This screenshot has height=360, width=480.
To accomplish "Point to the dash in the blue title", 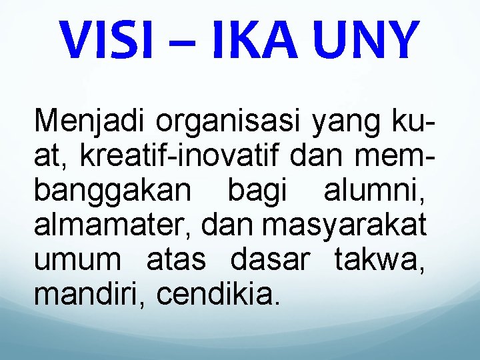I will point(189,41).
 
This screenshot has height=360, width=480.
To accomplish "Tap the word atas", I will point(176,260).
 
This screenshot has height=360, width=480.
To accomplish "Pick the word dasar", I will point(270,260).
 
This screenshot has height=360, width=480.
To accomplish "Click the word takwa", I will point(377,260).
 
